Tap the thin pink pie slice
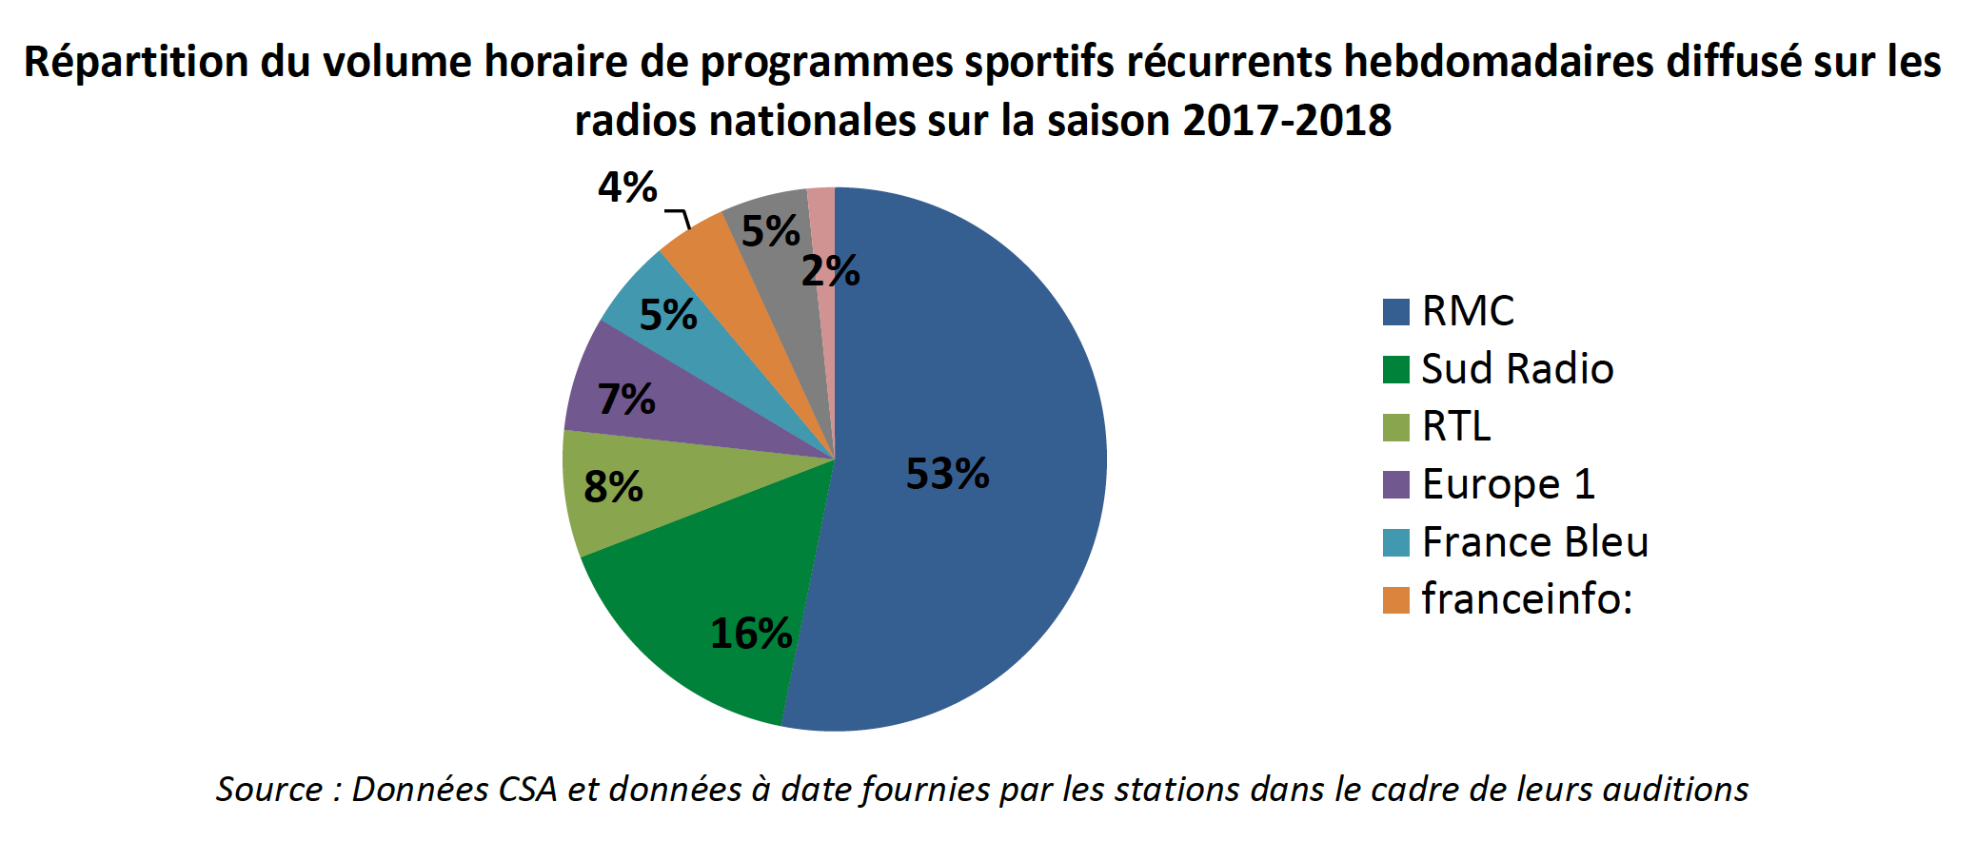tap(822, 219)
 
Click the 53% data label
tap(947, 474)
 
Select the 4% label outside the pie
tap(627, 187)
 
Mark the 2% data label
tap(830, 272)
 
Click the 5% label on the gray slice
tap(770, 232)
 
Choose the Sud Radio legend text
tap(1517, 369)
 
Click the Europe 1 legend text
tap(1508, 484)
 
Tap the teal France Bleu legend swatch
tap(1395, 542)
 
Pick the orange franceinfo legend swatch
tap(1395, 600)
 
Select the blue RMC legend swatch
tap(1395, 312)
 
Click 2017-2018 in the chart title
tap(1287, 121)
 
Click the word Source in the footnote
tap(269, 790)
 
